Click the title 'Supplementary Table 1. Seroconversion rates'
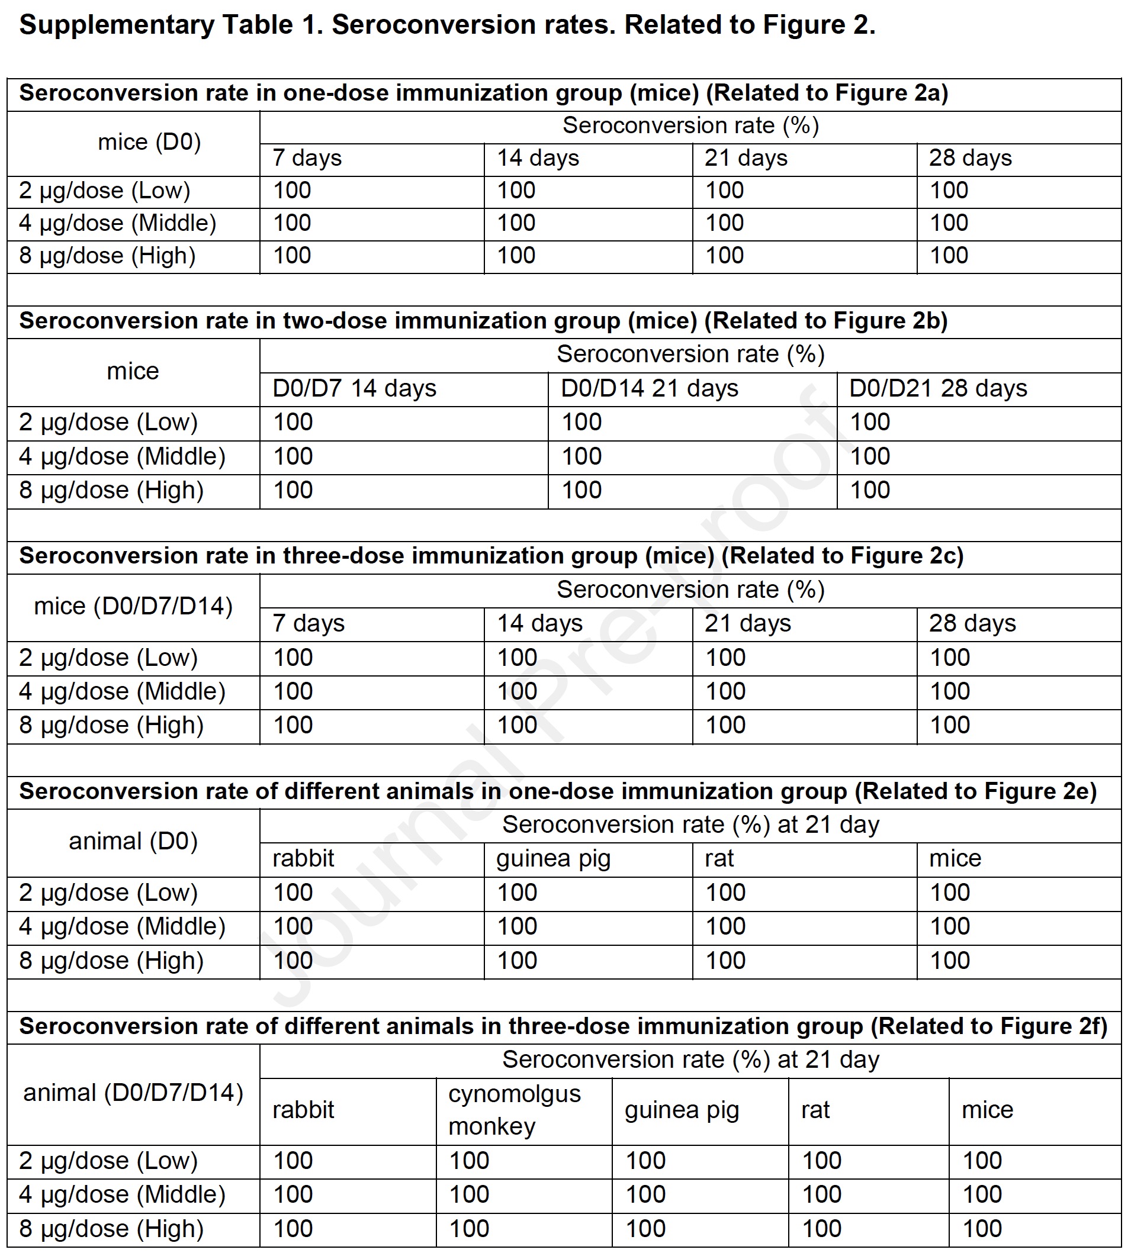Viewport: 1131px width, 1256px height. click(x=447, y=25)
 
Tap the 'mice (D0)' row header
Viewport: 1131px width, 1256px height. click(x=149, y=142)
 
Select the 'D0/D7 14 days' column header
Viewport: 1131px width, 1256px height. click(x=354, y=388)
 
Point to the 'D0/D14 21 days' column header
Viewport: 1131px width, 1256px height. click(x=650, y=388)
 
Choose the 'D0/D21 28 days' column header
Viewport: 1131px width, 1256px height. click(x=938, y=388)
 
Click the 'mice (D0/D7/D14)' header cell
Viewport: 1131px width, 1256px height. click(x=133, y=606)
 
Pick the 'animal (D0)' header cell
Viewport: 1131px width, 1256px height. click(x=133, y=841)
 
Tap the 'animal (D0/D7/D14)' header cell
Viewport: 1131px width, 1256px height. click(x=133, y=1093)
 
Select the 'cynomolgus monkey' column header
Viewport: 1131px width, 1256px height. click(x=515, y=1110)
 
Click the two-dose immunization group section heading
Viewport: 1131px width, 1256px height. click(x=483, y=321)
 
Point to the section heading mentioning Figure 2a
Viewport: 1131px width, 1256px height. click(x=483, y=93)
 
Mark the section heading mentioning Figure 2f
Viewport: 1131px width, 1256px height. click(x=563, y=1026)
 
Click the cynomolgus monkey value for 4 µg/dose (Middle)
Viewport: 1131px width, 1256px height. click(x=469, y=1194)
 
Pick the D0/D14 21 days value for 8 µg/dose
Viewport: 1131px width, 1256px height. click(x=581, y=490)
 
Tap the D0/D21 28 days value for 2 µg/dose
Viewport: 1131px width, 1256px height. click(x=869, y=423)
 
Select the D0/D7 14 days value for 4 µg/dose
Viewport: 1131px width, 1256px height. click(x=293, y=456)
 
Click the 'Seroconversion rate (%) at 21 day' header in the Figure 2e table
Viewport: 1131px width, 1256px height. click(x=690, y=825)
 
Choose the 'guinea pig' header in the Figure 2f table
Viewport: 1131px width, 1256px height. click(x=682, y=1110)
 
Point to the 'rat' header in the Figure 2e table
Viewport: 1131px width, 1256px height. click(x=719, y=858)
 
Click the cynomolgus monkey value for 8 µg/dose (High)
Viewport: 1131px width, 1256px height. click(x=469, y=1229)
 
